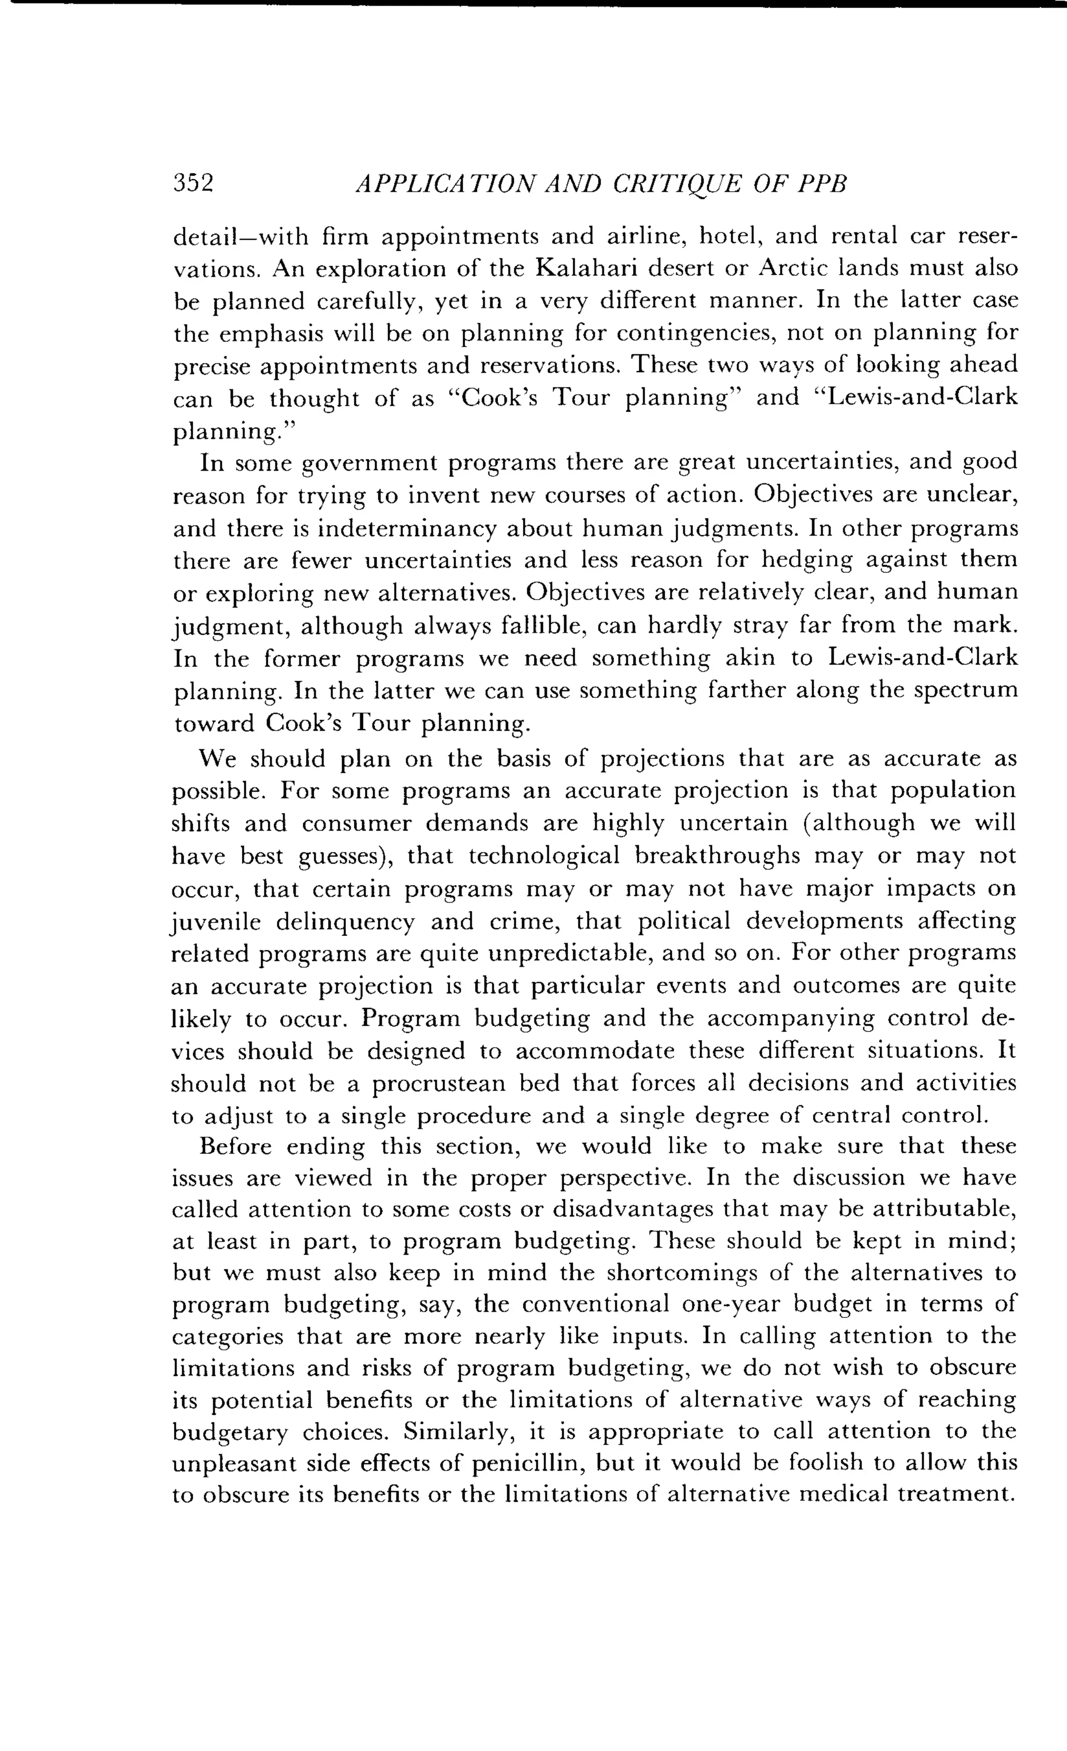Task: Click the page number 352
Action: [x=193, y=183]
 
